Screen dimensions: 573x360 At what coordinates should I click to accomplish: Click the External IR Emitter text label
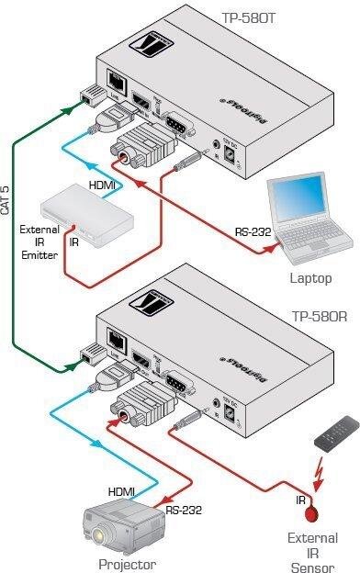39,242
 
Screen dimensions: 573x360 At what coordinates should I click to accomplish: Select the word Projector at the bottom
129,564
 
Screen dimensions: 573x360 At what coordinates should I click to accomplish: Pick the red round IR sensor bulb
311,511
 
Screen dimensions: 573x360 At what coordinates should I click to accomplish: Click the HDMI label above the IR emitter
102,185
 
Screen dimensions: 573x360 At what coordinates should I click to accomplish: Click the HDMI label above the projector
122,492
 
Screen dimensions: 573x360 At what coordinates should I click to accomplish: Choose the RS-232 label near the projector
185,509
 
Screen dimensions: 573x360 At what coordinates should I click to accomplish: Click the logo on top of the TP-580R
198,296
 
